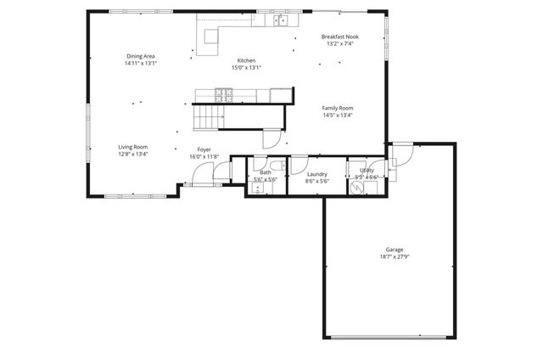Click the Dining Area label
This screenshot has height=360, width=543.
[140, 56]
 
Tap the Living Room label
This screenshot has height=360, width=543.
[132, 147]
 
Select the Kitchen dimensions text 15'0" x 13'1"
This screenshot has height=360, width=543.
[246, 67]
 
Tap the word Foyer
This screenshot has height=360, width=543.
[204, 149]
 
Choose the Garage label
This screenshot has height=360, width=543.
[394, 250]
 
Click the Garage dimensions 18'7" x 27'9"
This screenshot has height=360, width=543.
[394, 256]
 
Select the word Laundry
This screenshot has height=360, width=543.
[316, 173]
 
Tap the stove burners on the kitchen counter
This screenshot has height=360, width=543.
[223, 94]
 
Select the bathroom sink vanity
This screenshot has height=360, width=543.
[257, 188]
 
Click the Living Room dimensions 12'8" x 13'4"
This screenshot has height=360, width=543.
[132, 155]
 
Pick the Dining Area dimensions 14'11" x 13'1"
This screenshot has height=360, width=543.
[140, 63]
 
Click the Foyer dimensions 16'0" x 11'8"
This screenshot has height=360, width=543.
[204, 156]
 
